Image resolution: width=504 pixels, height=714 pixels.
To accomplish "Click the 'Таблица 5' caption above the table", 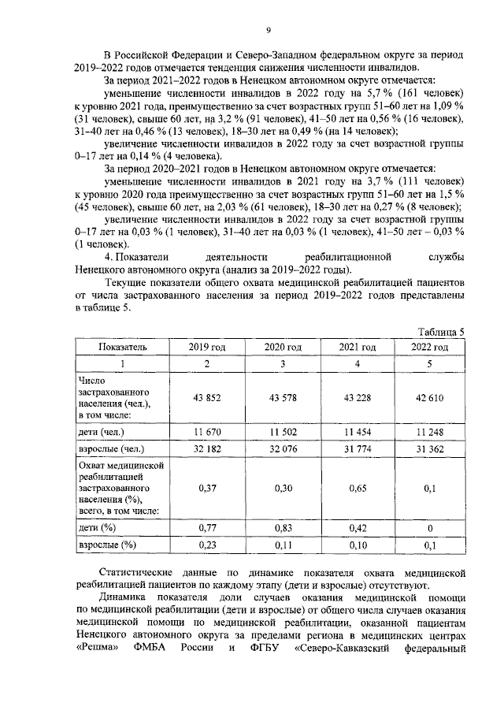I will click(441, 332).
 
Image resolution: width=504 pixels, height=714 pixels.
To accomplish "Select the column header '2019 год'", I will click(207, 347).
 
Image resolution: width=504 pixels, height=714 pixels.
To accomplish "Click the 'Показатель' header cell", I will click(122, 347).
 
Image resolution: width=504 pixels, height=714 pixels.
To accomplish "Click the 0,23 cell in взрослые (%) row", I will click(207, 544).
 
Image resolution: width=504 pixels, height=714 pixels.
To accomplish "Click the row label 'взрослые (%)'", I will click(107, 544).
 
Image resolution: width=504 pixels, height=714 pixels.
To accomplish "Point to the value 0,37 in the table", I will click(207, 489).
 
